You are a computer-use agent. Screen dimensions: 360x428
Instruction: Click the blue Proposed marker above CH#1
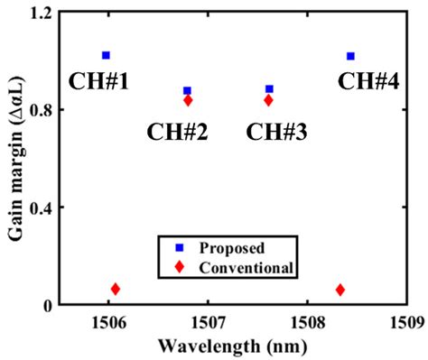pos(106,56)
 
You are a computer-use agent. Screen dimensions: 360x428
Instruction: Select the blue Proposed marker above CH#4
pos(350,56)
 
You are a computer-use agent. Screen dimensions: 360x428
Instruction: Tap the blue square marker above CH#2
pos(187,90)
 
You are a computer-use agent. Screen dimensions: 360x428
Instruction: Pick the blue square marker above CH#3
pos(269,89)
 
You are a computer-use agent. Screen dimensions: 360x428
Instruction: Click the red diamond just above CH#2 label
pos(188,100)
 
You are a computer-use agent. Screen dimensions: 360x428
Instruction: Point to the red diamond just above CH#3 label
pos(268,100)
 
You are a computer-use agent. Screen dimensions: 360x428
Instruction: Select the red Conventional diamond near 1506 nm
pos(115,289)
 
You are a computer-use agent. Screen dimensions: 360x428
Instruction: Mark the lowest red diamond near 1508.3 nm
pos(340,290)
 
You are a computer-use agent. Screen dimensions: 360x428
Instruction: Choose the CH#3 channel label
pos(276,132)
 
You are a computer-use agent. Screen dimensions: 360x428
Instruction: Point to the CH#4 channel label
pos(367,81)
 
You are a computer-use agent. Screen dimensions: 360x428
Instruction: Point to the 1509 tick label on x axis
pos(404,323)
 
